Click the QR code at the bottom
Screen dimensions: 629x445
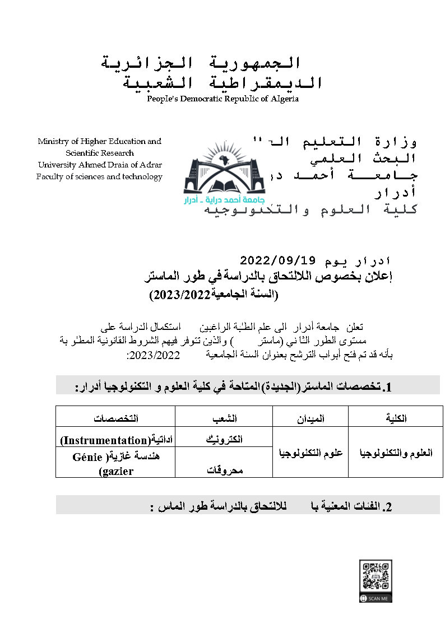tap(376, 576)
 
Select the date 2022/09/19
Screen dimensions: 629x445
tap(278, 261)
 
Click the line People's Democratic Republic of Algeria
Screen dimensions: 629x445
tap(222, 99)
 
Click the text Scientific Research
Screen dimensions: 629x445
tap(100, 153)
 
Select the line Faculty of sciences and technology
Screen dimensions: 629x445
tap(99, 176)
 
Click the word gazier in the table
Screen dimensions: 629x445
tap(116, 471)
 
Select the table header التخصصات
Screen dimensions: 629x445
tap(115, 418)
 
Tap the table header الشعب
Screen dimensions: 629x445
tap(224, 418)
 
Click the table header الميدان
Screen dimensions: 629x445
tap(310, 418)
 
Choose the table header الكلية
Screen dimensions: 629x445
tap(396, 418)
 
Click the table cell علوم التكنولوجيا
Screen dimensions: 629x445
tap(310, 453)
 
